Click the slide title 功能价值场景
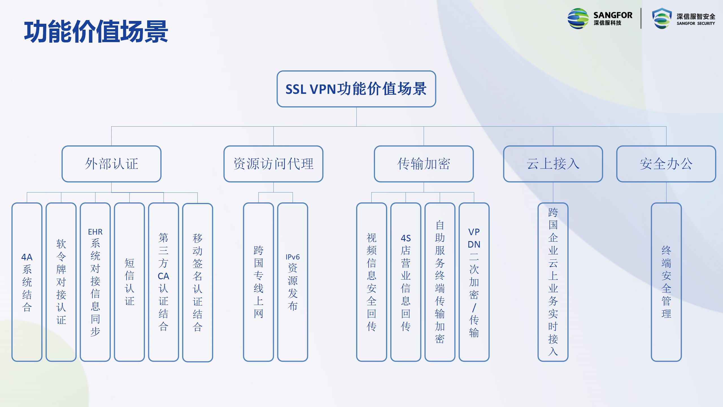(96, 32)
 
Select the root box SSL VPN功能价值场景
(356, 89)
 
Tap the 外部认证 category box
(112, 164)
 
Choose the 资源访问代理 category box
(273, 164)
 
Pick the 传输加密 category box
(424, 164)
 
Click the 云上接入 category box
(553, 164)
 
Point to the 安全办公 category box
(666, 164)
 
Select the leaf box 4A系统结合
(27, 282)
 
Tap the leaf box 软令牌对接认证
(61, 282)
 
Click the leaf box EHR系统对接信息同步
(95, 282)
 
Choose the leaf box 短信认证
(129, 282)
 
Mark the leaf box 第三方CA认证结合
(164, 282)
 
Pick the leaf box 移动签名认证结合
(198, 282)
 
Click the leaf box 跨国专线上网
(258, 282)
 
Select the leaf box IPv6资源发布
(293, 282)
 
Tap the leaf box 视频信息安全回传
(372, 282)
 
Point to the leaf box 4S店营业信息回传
(406, 282)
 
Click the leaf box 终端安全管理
(666, 282)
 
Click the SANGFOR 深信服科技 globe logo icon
(578, 19)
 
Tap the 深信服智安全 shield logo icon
(662, 18)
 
